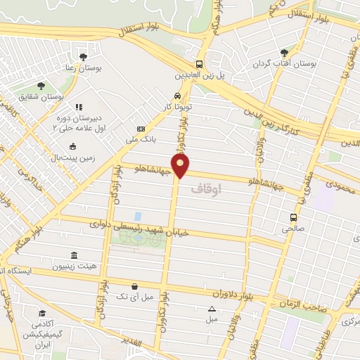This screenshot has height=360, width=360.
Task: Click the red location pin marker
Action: click(181, 167)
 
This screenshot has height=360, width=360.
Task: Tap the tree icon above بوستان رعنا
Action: click(84, 56)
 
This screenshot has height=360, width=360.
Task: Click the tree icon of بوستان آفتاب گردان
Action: click(284, 52)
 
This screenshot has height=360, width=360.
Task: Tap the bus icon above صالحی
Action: click(292, 217)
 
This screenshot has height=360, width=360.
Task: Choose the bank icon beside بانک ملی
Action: click(141, 129)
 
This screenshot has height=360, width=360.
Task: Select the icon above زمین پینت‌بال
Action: click(73, 147)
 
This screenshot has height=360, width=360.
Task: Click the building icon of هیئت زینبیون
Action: click(74, 256)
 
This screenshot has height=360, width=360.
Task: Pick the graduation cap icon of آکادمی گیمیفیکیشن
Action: click(42, 313)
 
